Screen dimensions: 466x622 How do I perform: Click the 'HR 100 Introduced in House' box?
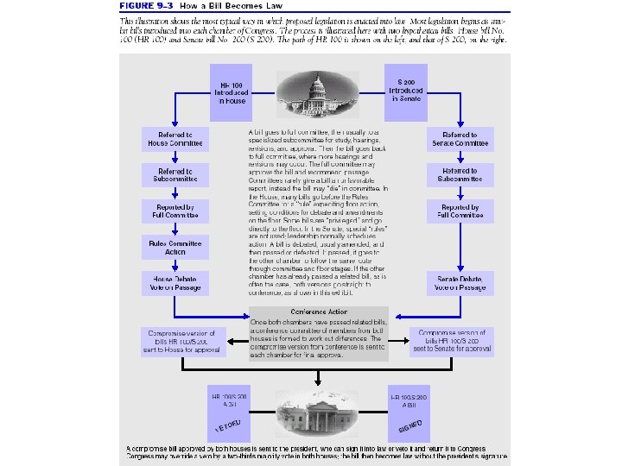[232, 92]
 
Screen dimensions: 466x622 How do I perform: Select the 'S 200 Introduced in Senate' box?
[405, 91]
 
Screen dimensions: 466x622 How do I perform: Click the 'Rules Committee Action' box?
[175, 247]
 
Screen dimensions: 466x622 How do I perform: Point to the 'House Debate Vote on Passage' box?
[175, 283]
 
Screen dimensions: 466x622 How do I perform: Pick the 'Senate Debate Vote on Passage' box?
[460, 283]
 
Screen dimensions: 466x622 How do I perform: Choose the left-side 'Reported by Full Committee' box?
[175, 211]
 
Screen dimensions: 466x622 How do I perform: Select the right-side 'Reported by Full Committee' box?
[460, 211]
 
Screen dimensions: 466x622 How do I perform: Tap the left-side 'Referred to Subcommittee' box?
[175, 175]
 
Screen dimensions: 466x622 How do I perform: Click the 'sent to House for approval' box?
[182, 342]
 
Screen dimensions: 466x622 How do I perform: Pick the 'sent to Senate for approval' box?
[454, 342]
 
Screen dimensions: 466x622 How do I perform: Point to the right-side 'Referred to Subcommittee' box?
[460, 175]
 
